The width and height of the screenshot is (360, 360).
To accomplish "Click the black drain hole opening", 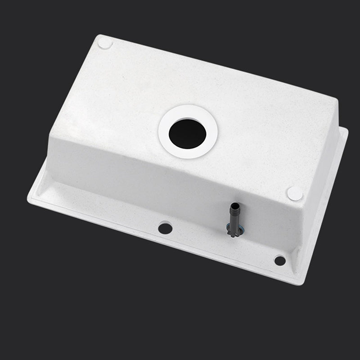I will click(188, 131).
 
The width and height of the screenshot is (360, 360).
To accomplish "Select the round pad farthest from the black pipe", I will click(105, 43).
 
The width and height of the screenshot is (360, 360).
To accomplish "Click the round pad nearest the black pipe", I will click(295, 193).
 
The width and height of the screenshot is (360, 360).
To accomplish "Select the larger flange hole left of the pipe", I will click(165, 228).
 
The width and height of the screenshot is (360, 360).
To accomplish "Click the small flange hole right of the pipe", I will click(280, 260).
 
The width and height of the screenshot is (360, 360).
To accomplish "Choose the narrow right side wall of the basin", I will click(322, 180).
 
